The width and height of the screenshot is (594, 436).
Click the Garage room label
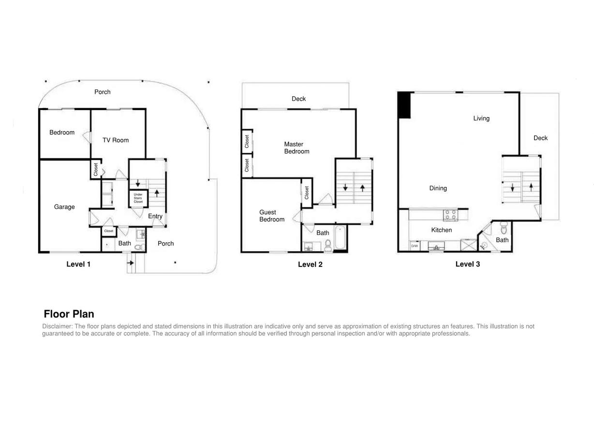pos(64,207)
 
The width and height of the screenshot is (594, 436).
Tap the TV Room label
pos(116,140)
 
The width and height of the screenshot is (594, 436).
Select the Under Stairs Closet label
pos(138,198)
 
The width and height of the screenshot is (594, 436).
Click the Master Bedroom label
pos(296,148)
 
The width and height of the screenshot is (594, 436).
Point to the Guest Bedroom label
pos(271,216)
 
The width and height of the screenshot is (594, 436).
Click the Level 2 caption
pos(310,265)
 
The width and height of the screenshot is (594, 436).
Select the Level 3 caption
pos(467,264)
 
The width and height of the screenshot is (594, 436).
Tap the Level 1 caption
pos(78,264)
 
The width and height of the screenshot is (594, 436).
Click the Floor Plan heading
pos(69,314)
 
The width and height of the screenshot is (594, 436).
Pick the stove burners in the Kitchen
pos(450,214)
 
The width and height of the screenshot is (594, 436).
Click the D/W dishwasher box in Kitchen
pos(415,246)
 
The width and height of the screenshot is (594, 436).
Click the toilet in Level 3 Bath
pos(504,228)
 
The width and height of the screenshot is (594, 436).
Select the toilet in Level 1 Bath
pos(138,247)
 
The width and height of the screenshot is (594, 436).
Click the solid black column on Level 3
pos(404,105)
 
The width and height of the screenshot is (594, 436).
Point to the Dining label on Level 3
pos(438,188)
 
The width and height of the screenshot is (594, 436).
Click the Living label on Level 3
pos(481,118)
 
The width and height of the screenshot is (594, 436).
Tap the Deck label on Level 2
pos(298,99)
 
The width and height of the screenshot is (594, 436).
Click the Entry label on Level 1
pos(155,216)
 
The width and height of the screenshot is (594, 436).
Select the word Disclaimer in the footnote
pos(57,327)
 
